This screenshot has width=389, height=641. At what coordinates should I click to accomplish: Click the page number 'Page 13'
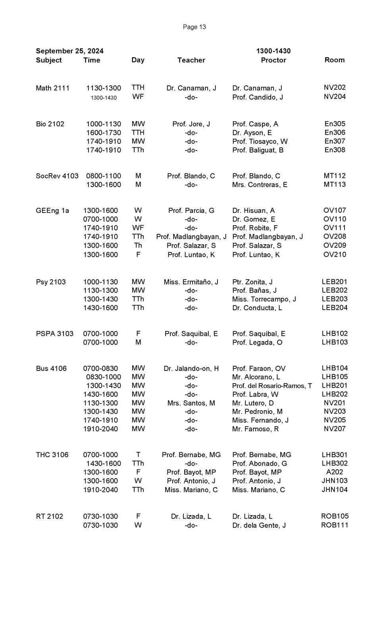194,27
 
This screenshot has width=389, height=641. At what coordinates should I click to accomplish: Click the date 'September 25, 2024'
69,51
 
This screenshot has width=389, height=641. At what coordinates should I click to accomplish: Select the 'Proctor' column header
273,60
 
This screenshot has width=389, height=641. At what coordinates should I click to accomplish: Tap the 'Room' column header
334,60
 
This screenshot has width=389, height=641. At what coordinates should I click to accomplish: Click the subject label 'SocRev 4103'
57,176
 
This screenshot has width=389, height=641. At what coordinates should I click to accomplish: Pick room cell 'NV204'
334,97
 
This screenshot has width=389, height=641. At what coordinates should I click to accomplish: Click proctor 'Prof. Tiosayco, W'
260,141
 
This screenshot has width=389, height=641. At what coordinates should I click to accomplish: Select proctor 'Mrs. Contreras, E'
260,185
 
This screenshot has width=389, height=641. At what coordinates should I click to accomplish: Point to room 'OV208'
334,237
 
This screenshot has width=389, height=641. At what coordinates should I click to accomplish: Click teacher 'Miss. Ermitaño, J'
191,282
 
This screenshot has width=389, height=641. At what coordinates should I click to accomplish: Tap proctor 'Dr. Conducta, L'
257,308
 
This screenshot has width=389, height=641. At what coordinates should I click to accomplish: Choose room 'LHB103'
334,342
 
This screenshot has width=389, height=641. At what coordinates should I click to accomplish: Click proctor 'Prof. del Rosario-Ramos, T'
272,386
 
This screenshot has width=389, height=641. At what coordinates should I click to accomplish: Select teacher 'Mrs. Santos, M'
191,403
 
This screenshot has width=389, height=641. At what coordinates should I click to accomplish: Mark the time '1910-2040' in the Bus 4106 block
100,429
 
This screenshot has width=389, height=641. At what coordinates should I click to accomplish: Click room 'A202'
334,472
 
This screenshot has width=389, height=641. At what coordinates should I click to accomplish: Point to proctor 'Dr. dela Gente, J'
259,525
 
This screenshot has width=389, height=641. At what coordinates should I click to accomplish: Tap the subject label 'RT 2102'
49,516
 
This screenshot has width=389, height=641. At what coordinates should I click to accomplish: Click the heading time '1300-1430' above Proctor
273,51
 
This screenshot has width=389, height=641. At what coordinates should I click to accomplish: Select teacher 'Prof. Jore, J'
191,124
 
